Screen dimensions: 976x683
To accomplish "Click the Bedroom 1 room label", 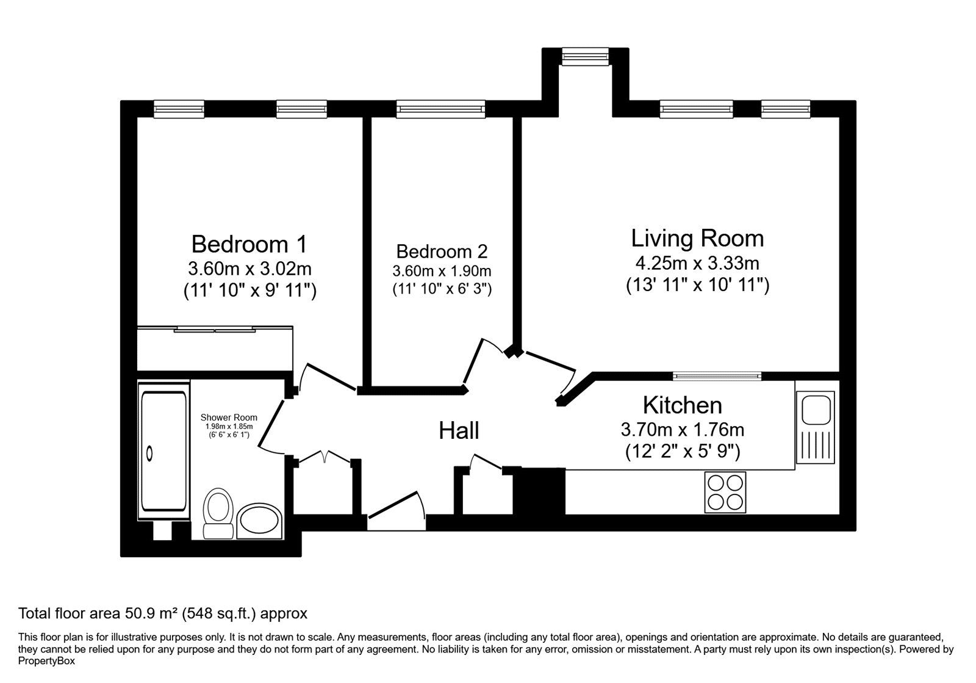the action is tap(249, 244).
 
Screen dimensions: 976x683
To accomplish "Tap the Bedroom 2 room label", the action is tap(442, 251).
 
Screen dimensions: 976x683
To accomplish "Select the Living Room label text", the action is tap(698, 239).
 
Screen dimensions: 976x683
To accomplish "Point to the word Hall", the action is tap(459, 431).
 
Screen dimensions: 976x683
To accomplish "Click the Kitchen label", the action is tap(683, 405).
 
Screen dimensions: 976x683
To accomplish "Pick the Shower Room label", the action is tap(229, 417).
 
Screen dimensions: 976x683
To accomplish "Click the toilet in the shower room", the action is tap(218, 513).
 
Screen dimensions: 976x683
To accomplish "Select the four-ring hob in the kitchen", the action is tap(725, 492).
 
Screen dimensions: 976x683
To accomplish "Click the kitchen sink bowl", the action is tap(816, 410).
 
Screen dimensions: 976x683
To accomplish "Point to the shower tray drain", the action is tap(149, 454).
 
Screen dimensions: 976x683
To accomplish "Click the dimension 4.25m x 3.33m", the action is tap(697, 263).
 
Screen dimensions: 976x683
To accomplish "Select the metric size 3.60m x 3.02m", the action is tap(249, 269).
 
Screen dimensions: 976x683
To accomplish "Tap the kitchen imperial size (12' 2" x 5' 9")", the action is tap(683, 451).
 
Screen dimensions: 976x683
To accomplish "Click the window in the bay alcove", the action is tap(585, 56).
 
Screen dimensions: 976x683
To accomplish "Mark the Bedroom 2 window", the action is tap(440, 109).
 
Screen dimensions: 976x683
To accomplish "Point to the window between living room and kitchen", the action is tap(717, 376).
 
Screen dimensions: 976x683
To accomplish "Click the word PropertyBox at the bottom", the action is tap(46, 661).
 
